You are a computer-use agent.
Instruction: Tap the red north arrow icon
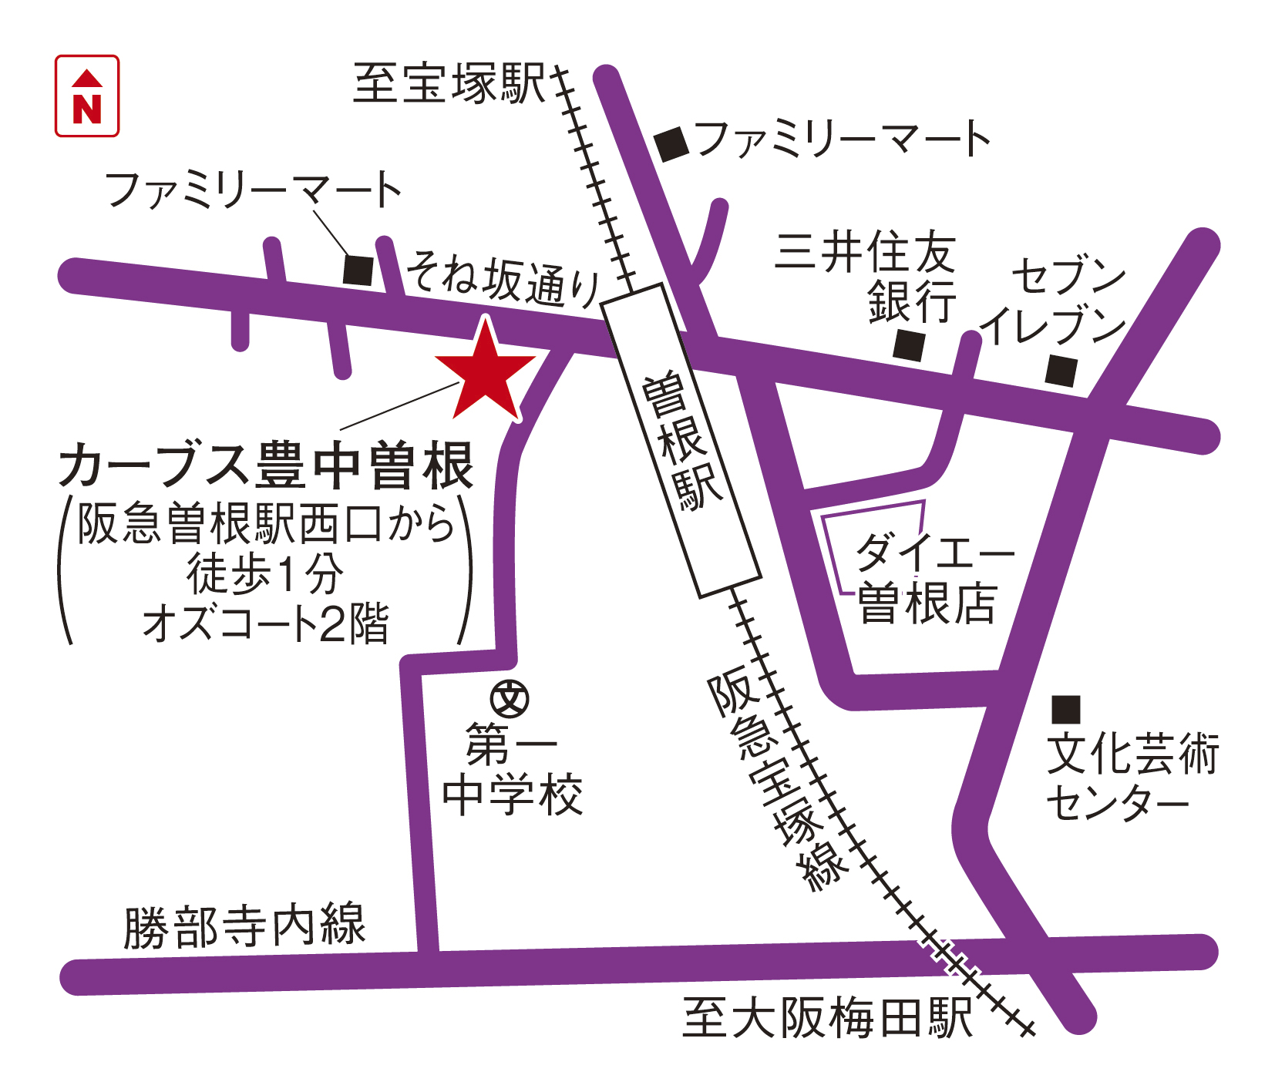coord(87,96)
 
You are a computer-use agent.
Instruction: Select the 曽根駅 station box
coord(681,440)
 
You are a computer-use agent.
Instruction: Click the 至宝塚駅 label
coord(449,83)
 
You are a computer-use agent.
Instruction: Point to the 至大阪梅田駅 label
coord(827,1019)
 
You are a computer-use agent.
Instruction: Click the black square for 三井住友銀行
coord(909,345)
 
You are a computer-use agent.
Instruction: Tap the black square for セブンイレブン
coord(1061,371)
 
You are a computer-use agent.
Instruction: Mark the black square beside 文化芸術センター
coord(1066,709)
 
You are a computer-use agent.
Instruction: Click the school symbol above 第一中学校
coord(510,699)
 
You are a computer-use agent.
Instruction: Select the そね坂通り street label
coord(503,279)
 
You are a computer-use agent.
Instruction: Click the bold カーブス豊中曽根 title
coord(267,465)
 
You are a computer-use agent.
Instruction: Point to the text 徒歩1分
coord(265,574)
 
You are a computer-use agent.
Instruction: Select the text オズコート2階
coord(267,623)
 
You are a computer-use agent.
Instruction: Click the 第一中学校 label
coord(512,771)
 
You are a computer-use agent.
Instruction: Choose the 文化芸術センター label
coord(1131,778)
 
